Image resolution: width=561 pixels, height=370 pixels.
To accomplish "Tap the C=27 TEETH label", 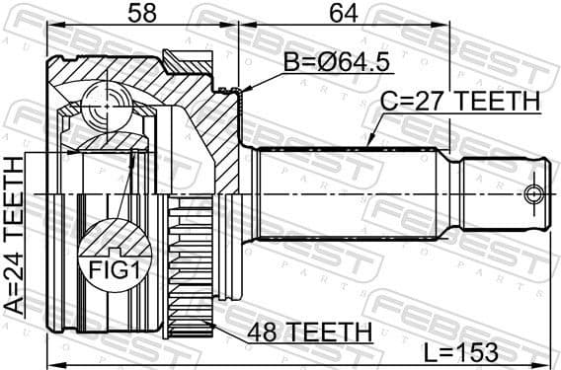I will [461, 101].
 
